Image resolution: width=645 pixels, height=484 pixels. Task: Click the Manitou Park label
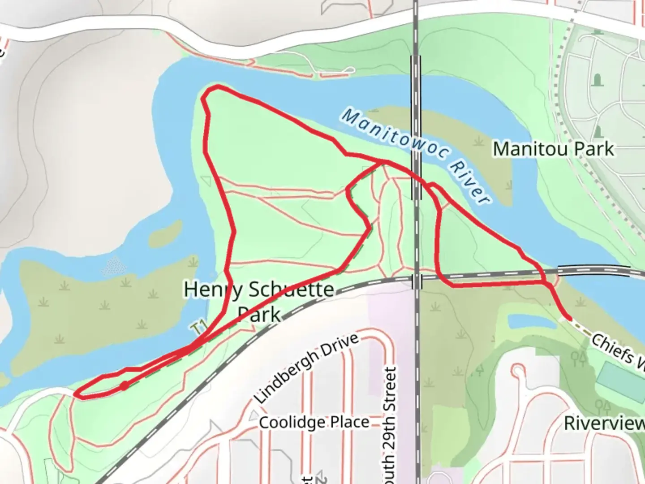pyautogui.click(x=553, y=149)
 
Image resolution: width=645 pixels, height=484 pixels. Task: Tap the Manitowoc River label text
pyautogui.click(x=414, y=155)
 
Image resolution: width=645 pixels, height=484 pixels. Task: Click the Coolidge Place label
pyautogui.click(x=314, y=422)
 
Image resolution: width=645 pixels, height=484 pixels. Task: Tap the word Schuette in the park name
pyautogui.click(x=291, y=290)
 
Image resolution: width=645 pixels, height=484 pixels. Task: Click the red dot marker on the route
pyautogui.click(x=124, y=385)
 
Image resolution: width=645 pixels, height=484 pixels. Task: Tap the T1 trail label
pyautogui.click(x=198, y=328)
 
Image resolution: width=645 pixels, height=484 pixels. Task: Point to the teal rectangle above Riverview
pyautogui.click(x=620, y=384)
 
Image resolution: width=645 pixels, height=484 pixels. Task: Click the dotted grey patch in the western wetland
pyautogui.click(x=114, y=266)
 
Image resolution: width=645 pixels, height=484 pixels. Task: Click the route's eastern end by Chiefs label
pyautogui.click(x=570, y=318)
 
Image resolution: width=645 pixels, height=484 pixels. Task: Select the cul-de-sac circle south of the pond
pyautogui.click(x=518, y=371)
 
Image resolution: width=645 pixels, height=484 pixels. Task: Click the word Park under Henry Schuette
pyautogui.click(x=259, y=315)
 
